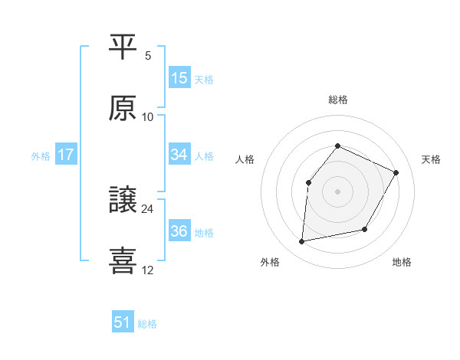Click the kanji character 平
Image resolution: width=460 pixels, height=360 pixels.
123,48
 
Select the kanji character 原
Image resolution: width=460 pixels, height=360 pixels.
123,109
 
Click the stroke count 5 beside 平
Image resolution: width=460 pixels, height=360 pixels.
148,56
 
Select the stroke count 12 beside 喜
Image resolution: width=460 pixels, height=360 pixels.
148,270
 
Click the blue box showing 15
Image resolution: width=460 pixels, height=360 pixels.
179,78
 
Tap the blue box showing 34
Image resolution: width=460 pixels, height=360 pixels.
179,155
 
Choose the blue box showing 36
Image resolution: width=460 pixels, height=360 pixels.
179,231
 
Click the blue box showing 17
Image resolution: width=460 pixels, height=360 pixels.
66,155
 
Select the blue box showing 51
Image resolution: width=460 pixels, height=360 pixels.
123,322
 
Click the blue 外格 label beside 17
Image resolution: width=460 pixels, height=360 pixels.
41,155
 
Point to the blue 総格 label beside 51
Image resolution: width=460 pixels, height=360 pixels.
147,324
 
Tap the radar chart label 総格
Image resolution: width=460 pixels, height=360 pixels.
337,100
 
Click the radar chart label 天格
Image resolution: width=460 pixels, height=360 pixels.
432,159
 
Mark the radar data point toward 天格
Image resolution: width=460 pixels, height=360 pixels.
396,172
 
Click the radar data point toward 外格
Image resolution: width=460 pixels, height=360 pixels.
302,242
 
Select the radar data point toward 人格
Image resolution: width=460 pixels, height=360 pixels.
308,182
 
